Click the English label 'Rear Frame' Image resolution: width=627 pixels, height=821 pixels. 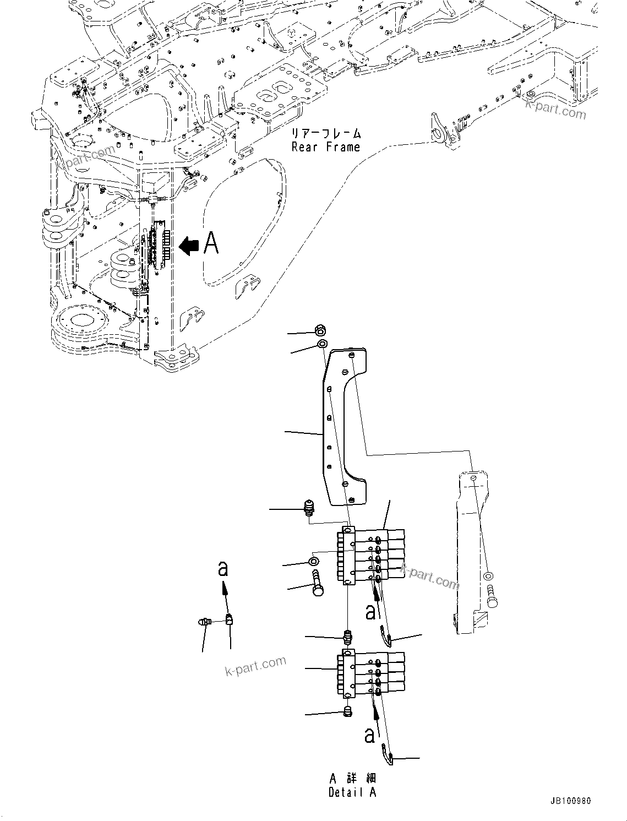[x=325, y=147]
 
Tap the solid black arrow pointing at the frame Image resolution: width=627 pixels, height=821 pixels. [x=189, y=246]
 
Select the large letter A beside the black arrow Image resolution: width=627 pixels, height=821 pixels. [x=211, y=243]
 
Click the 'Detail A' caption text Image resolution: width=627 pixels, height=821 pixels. [x=352, y=792]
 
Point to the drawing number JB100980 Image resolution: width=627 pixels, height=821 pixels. [x=569, y=801]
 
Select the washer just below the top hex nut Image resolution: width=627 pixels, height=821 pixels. [x=322, y=345]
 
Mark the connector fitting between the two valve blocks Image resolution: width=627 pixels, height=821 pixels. [x=348, y=638]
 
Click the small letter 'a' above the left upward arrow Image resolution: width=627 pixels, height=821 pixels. [x=223, y=569]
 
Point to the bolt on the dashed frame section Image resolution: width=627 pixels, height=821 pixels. [x=491, y=599]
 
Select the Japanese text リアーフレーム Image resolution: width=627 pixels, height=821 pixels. [x=326, y=134]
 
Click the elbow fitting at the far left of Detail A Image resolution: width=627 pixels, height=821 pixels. [x=205, y=622]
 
